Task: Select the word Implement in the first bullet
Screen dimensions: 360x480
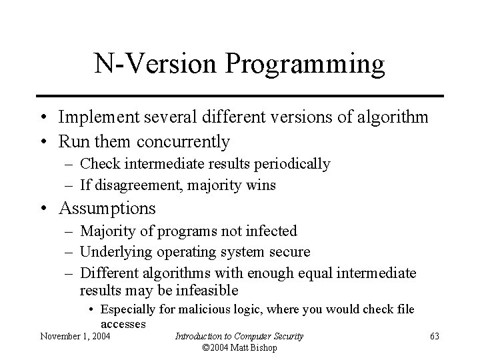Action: [x=92, y=117]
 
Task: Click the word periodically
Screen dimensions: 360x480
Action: [x=293, y=164]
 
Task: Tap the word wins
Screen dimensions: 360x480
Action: [x=261, y=185]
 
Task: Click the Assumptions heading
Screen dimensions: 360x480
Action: [x=107, y=208]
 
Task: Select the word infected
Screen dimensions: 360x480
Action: [x=273, y=231]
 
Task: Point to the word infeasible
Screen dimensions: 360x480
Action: [x=205, y=291]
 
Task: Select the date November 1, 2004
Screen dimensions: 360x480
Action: [x=75, y=336]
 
